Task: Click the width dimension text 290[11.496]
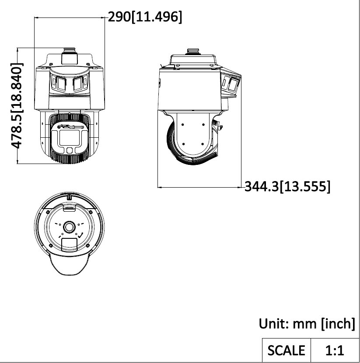(145, 17)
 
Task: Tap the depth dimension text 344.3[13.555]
(287, 187)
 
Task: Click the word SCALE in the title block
(286, 350)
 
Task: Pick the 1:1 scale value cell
(335, 350)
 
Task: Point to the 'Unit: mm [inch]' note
(307, 324)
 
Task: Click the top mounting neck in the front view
(70, 57)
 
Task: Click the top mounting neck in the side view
(192, 52)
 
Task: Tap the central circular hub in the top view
(70, 227)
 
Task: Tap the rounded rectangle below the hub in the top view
(69, 244)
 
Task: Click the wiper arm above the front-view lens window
(70, 128)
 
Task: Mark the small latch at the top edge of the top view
(70, 196)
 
